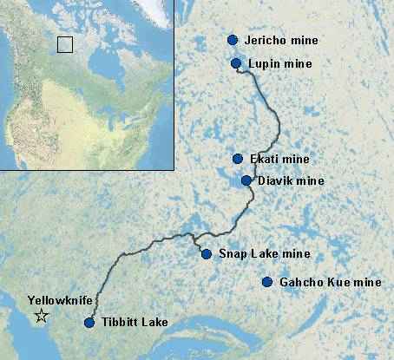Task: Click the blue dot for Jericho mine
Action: pos(233,40)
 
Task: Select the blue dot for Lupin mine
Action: pos(236,63)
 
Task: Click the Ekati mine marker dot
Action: pos(238,159)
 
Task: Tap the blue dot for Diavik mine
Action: pos(246,180)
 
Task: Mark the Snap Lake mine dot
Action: pos(207,254)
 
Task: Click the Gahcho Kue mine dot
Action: pos(267,282)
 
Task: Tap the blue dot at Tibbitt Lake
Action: pos(89,323)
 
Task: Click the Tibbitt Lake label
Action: pos(135,324)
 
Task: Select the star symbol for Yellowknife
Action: pos(40,317)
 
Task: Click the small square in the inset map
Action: pos(64,44)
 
